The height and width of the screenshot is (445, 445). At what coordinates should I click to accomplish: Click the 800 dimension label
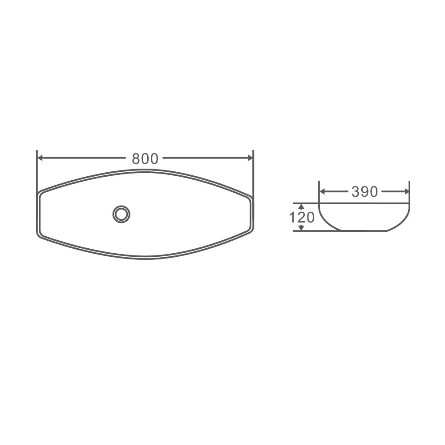click(x=145, y=158)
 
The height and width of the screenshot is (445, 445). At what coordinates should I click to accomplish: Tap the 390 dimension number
click(x=364, y=192)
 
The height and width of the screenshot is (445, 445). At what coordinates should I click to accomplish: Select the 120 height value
click(x=302, y=218)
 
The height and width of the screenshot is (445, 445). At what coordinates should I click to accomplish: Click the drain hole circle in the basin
click(x=121, y=214)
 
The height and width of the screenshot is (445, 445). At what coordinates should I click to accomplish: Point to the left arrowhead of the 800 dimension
click(x=40, y=158)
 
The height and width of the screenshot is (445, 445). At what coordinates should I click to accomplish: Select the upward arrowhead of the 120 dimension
click(x=301, y=206)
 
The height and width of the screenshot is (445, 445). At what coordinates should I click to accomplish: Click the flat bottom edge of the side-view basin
click(x=364, y=231)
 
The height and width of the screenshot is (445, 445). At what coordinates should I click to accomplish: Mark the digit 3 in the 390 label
click(x=356, y=192)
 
